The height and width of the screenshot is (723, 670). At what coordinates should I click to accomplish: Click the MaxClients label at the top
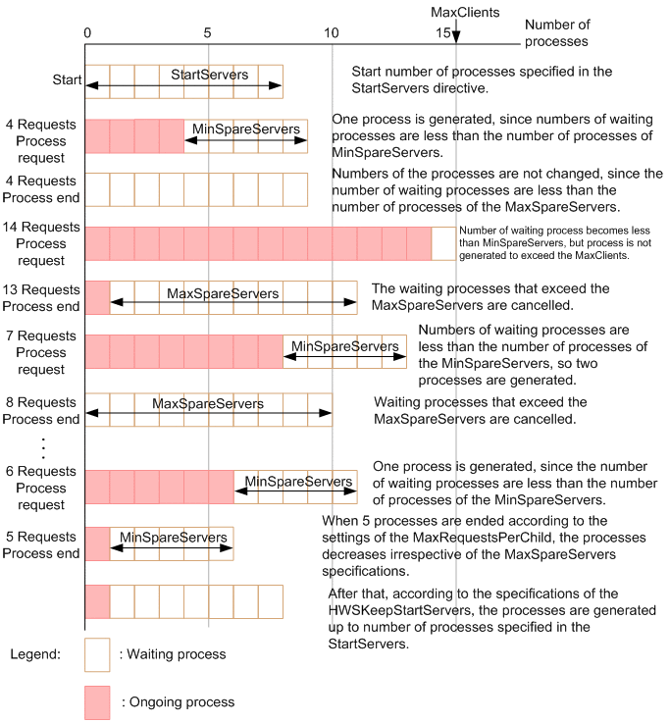466,12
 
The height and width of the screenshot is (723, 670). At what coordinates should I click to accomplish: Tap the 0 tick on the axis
87,32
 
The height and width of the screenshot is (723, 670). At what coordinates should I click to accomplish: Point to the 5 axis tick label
208,32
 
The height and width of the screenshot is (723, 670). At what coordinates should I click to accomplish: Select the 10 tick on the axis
332,32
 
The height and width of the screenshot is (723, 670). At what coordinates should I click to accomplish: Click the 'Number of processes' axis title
556,33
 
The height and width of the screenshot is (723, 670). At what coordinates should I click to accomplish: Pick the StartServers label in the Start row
209,75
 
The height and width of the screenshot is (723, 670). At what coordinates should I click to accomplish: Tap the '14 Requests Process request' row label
44,243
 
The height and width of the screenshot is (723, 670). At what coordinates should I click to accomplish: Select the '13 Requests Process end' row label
44,297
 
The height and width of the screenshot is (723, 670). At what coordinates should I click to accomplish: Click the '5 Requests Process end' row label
44,544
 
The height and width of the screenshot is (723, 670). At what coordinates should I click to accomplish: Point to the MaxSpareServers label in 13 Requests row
222,293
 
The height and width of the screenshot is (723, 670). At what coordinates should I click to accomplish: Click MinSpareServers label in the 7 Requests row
345,346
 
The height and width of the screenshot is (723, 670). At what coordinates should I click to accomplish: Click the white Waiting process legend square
98,654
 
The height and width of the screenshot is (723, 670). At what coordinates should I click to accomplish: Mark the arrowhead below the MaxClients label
456,36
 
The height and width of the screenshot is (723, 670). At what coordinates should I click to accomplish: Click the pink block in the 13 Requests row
98,297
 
